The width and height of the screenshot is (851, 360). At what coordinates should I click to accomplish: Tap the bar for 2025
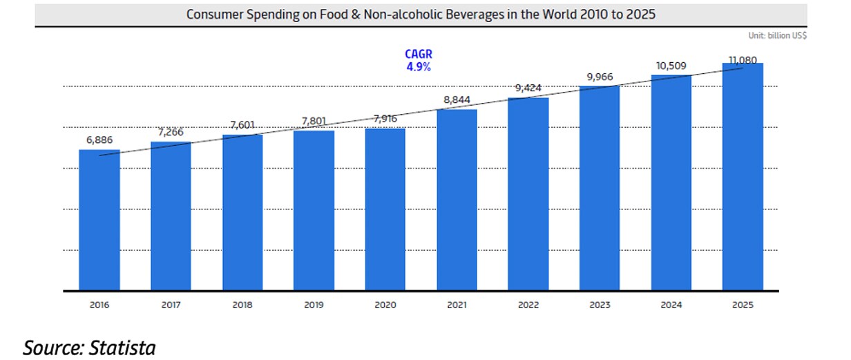[x=743, y=176]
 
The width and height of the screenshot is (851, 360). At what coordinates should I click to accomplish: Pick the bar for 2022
[x=528, y=193]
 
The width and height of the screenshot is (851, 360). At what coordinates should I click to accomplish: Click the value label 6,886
[x=99, y=140]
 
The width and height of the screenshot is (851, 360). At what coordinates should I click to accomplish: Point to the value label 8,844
[x=457, y=100]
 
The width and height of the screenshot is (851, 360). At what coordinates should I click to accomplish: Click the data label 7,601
[x=242, y=125]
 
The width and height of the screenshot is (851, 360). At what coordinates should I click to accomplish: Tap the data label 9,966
[x=600, y=76]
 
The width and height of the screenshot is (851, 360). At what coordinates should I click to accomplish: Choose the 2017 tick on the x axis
[x=171, y=304]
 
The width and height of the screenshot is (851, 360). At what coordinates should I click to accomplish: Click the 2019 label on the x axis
[x=314, y=304]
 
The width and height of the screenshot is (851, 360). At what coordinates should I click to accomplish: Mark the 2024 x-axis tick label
[x=671, y=304]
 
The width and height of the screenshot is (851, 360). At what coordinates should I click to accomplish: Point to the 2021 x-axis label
[x=457, y=304]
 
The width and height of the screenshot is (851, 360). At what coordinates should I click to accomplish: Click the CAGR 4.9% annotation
[x=418, y=61]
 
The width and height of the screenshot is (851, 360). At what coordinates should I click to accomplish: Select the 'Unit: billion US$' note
[x=777, y=35]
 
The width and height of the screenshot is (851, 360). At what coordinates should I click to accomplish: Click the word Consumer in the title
[x=213, y=14]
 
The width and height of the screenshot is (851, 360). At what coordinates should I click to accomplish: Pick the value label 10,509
[x=671, y=66]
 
